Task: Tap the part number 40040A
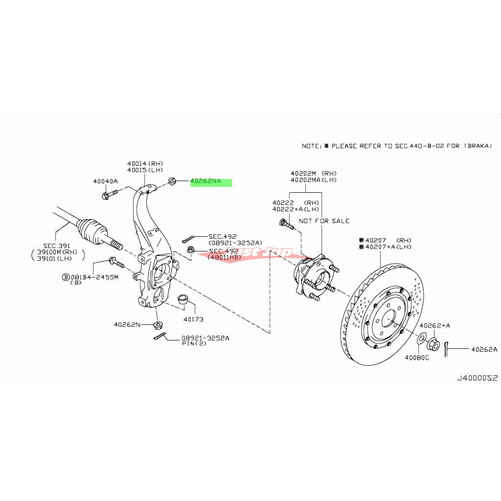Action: pyautogui.click(x=105, y=182)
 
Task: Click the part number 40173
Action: pyautogui.click(x=193, y=319)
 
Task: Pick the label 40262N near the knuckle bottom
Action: pyautogui.click(x=127, y=324)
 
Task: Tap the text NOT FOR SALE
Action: pyautogui.click(x=324, y=221)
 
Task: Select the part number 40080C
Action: pyautogui.click(x=417, y=358)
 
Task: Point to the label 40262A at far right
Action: pyautogui.click(x=484, y=349)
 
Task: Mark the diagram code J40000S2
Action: pyautogui.click(x=477, y=378)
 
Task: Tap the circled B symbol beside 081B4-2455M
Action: pyautogui.click(x=66, y=277)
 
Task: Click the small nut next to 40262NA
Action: pyautogui.click(x=172, y=182)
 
